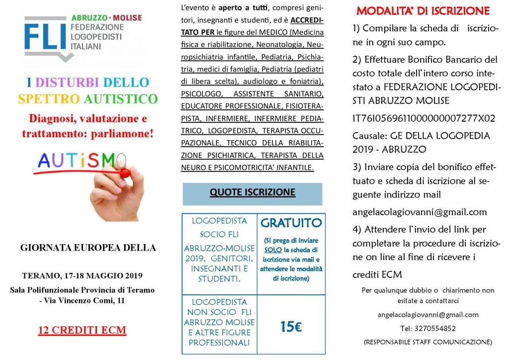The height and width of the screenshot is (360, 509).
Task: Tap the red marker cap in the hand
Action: tap(125, 173)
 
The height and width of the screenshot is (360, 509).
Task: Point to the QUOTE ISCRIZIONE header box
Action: tap(252, 193)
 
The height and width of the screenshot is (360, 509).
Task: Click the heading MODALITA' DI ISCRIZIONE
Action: tap(423, 11)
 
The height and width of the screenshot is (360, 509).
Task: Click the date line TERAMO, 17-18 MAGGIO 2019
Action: tap(83, 275)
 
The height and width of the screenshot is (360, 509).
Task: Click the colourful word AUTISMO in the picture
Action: tap(77, 160)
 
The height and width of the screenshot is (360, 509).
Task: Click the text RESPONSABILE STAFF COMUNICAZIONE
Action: tap(428, 342)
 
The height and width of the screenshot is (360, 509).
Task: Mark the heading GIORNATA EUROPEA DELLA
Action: tap(88, 247)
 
